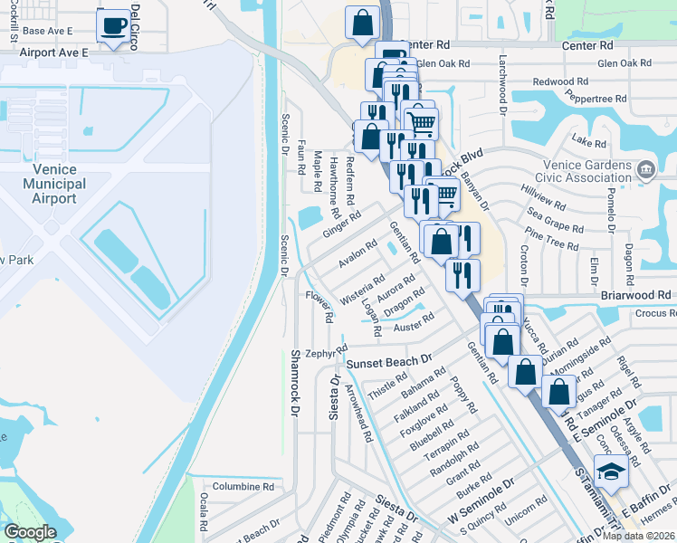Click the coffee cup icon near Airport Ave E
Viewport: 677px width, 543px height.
[112, 26]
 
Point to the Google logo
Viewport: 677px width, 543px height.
[30, 532]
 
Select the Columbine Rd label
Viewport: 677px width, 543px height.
[243, 486]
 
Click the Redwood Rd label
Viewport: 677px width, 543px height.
[560, 81]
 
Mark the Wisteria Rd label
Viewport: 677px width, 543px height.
[363, 289]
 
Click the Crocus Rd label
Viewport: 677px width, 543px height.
[654, 312]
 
